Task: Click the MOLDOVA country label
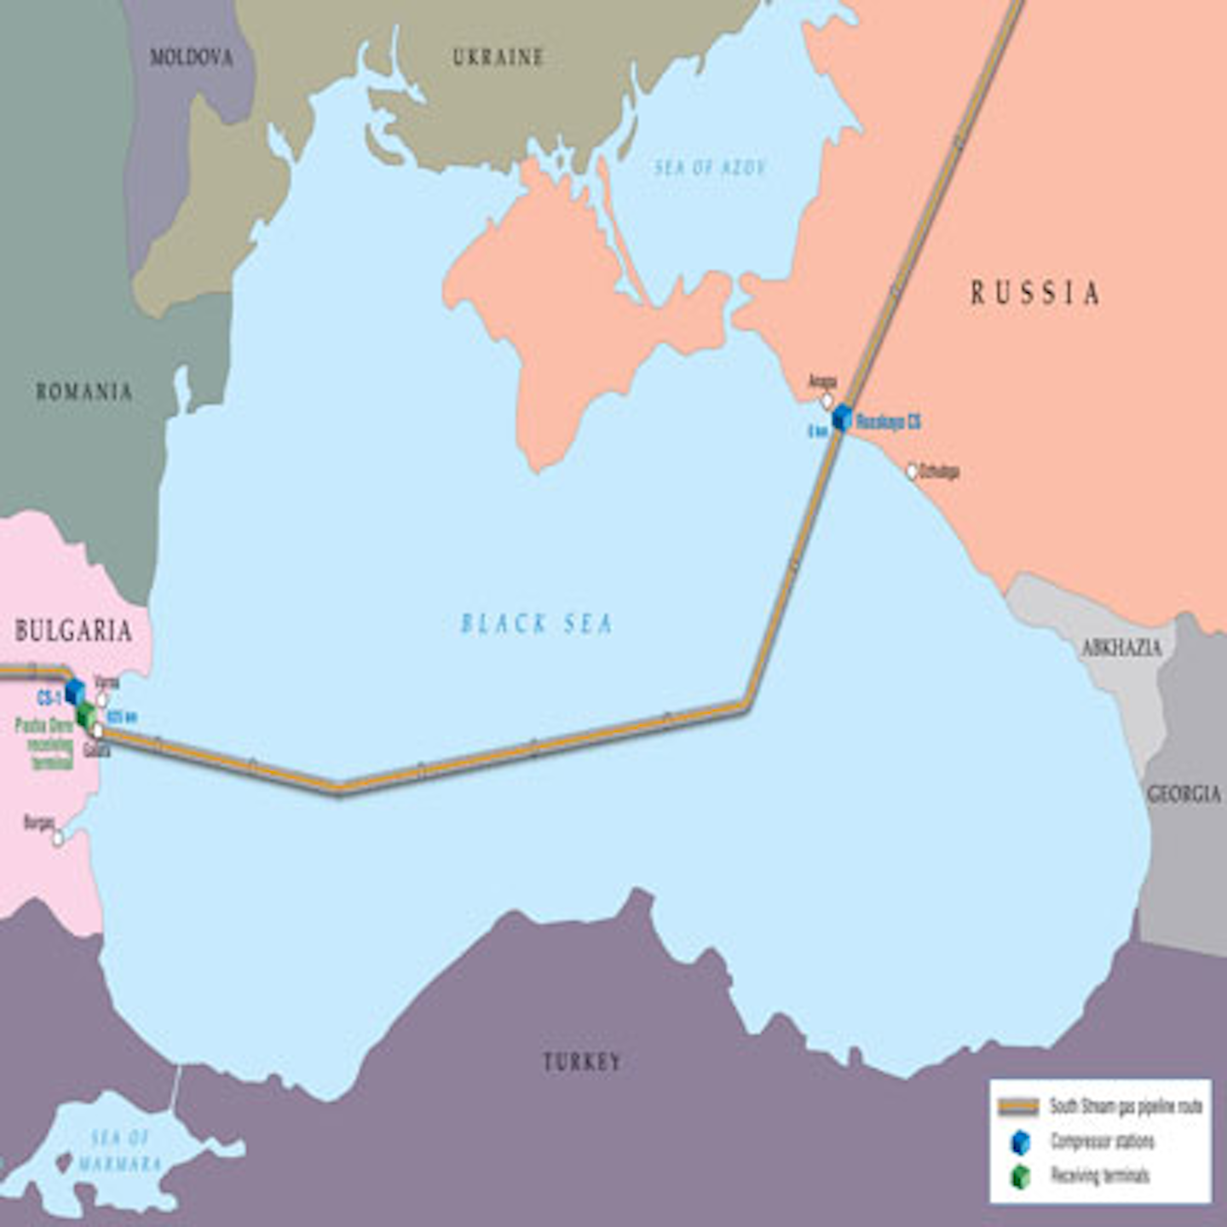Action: (191, 58)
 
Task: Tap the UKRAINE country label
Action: (498, 57)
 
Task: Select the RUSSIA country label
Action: (1034, 294)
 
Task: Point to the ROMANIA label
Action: (84, 392)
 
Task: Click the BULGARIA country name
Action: (73, 631)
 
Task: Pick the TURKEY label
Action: (582, 1063)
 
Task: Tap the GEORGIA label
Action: (1184, 794)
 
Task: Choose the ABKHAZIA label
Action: (1121, 648)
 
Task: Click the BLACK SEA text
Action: (536, 625)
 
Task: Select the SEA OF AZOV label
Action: (710, 168)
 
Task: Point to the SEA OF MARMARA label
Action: (120, 1151)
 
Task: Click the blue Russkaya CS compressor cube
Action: (842, 418)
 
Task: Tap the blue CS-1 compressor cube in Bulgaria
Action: (75, 691)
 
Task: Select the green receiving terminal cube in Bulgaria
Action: (85, 715)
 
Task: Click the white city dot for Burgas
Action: (58, 838)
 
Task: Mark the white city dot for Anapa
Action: (827, 400)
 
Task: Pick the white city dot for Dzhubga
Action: (912, 471)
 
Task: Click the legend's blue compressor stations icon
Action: (1020, 1143)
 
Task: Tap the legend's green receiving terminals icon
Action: (1020, 1177)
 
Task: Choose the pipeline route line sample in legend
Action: (1018, 1107)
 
